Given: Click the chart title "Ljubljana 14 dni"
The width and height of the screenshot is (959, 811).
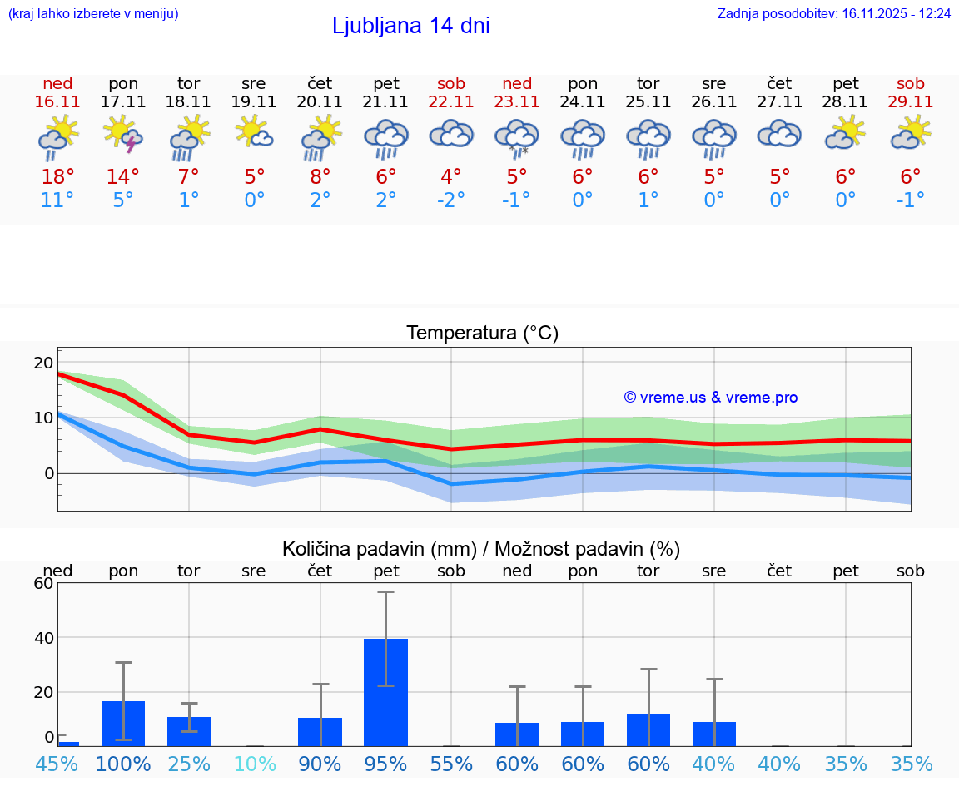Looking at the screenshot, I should point(410,26).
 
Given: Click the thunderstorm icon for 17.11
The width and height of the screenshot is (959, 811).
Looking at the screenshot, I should point(122,136).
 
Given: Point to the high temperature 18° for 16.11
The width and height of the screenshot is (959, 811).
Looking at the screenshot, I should point(57,177).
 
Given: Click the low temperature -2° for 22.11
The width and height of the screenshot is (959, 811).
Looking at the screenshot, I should point(451,200).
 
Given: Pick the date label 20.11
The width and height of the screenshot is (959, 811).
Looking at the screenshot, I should point(320,102).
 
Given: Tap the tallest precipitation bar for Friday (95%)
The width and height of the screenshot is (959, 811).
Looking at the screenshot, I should point(385,692).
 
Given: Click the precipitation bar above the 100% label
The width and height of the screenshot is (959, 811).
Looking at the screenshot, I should point(123,723).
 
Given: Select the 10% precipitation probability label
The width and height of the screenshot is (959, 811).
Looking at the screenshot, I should point(254,764).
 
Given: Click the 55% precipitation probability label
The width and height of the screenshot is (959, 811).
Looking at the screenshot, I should point(451,764).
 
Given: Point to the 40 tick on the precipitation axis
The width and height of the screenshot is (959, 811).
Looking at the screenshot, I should point(43,638).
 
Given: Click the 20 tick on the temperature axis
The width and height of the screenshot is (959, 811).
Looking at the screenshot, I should point(43,363).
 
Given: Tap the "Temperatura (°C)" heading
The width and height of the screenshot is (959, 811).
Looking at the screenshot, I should point(482,334).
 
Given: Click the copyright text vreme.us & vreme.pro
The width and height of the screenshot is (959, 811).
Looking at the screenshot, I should point(710,398).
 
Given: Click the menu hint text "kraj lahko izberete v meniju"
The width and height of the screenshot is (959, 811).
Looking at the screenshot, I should point(92,14).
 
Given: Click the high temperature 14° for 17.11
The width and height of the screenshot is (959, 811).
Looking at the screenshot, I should point(123,177).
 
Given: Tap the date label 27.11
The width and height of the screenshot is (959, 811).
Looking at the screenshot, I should point(779,102).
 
